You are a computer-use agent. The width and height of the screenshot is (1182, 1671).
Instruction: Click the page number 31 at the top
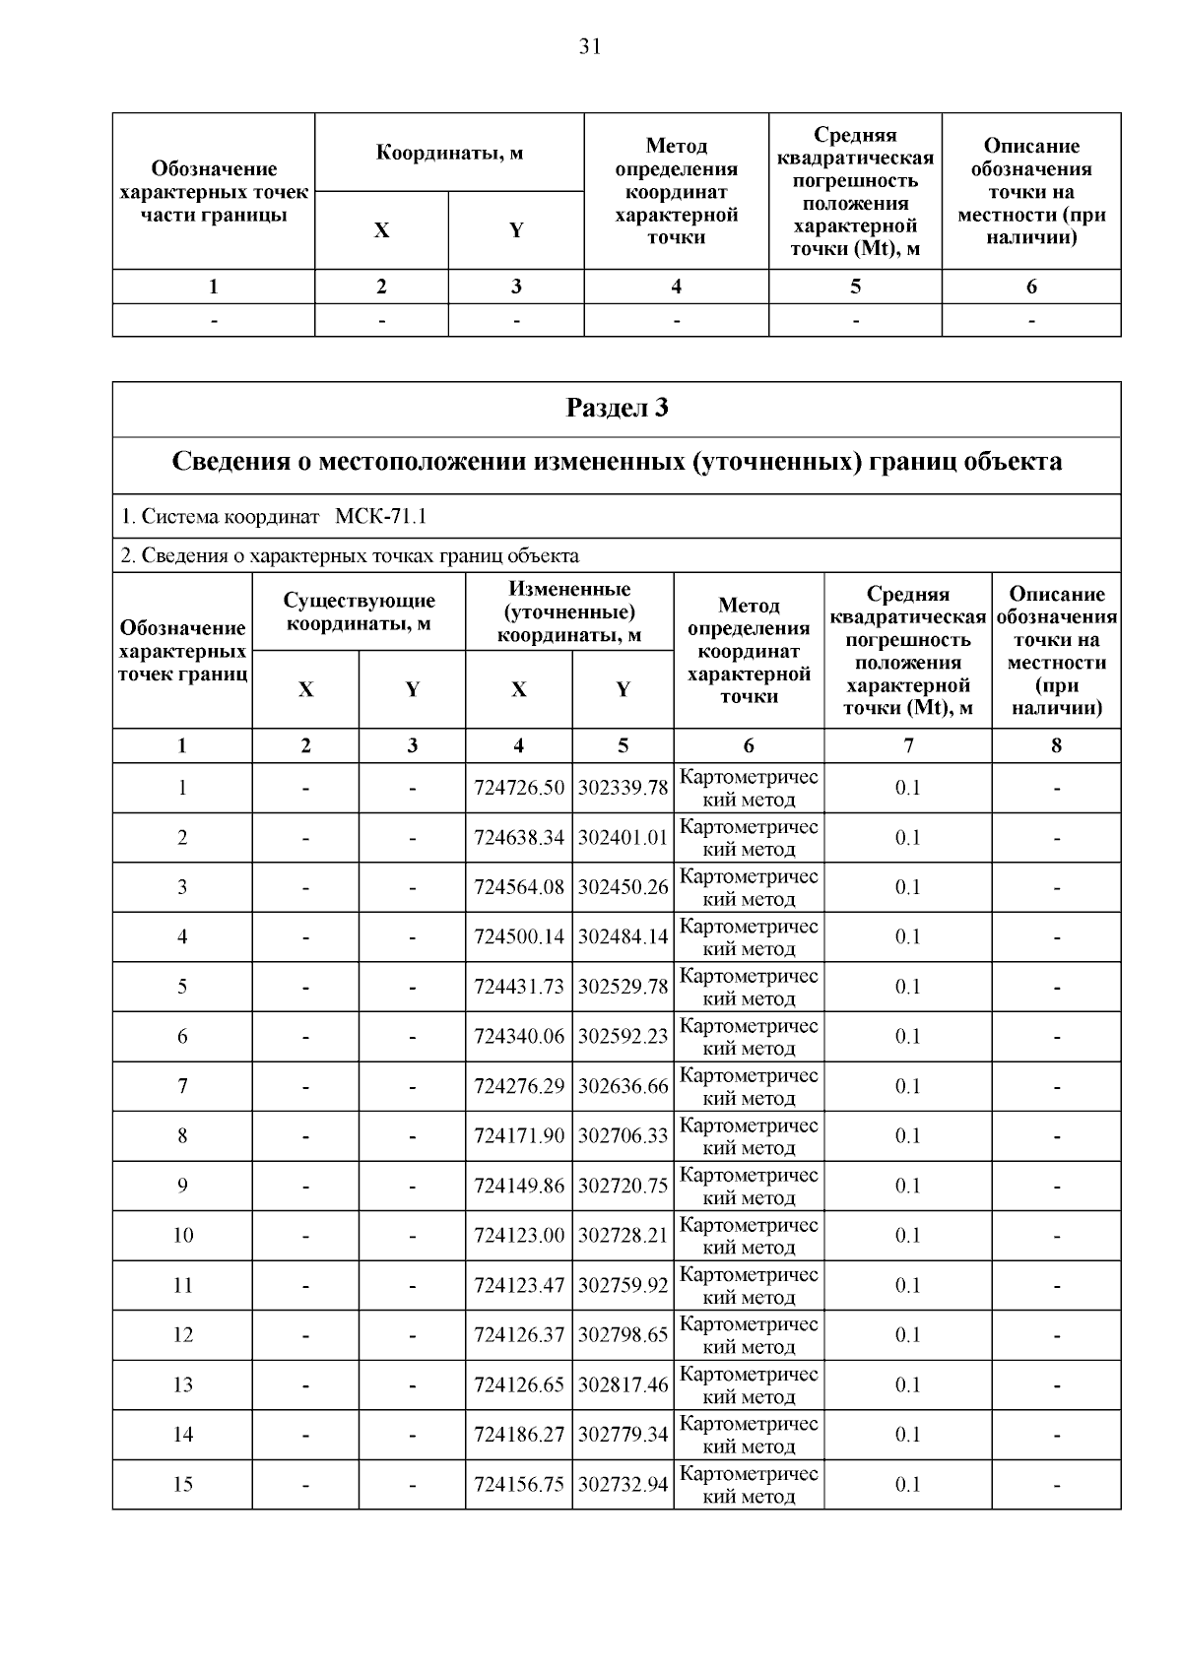click(x=590, y=47)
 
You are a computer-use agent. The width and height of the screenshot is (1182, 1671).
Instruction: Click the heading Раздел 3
click(x=617, y=408)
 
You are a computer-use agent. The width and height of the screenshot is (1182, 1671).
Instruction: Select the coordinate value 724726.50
click(x=519, y=788)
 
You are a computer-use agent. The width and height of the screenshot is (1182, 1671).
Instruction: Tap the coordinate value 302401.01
click(x=623, y=838)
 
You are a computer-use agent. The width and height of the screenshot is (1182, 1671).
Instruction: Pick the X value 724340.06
click(x=519, y=1037)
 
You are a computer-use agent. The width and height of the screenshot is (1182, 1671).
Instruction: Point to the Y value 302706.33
click(x=623, y=1136)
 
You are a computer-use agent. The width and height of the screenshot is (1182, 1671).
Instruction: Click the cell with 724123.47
click(x=519, y=1285)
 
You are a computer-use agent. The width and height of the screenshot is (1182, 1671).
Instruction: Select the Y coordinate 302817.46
click(x=623, y=1384)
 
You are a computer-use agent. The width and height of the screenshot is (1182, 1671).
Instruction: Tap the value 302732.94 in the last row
click(x=623, y=1484)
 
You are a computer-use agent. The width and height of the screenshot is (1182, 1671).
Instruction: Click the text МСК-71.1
click(x=381, y=517)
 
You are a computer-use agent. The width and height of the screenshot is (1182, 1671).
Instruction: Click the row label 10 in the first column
click(x=183, y=1236)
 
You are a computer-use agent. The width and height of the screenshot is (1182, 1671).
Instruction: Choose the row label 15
click(x=183, y=1484)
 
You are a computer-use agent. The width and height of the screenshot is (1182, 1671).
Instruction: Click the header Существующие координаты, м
click(x=359, y=611)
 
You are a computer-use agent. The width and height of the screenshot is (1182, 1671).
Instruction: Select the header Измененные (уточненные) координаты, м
click(x=569, y=611)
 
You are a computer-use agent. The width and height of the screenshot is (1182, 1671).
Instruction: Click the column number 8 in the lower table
click(x=1056, y=745)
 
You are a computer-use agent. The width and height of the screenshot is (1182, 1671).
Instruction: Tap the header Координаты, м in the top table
click(x=449, y=153)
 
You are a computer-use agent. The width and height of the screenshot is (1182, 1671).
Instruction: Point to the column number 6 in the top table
click(x=1031, y=287)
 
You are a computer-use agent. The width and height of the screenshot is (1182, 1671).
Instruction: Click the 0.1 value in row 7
click(x=907, y=1086)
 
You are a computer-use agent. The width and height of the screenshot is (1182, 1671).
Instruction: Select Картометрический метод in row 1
click(x=749, y=788)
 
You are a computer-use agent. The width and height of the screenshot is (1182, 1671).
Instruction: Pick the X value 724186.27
click(x=519, y=1435)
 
